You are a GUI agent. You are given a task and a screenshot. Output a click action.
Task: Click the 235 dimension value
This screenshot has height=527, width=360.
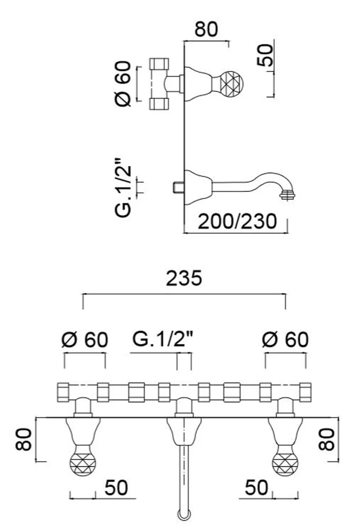184,278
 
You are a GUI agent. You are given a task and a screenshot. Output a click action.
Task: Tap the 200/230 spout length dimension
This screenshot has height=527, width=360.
237,221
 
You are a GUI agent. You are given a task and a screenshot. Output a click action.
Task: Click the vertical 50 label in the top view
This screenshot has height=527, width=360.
265,55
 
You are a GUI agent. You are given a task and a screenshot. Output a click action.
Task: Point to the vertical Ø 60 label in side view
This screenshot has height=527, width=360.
122,84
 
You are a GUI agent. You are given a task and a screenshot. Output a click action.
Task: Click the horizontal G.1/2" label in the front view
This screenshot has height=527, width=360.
163,339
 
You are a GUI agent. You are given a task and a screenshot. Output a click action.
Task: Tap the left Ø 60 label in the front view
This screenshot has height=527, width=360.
85,340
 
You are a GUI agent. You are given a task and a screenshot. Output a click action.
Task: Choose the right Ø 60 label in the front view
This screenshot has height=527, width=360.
285,339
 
